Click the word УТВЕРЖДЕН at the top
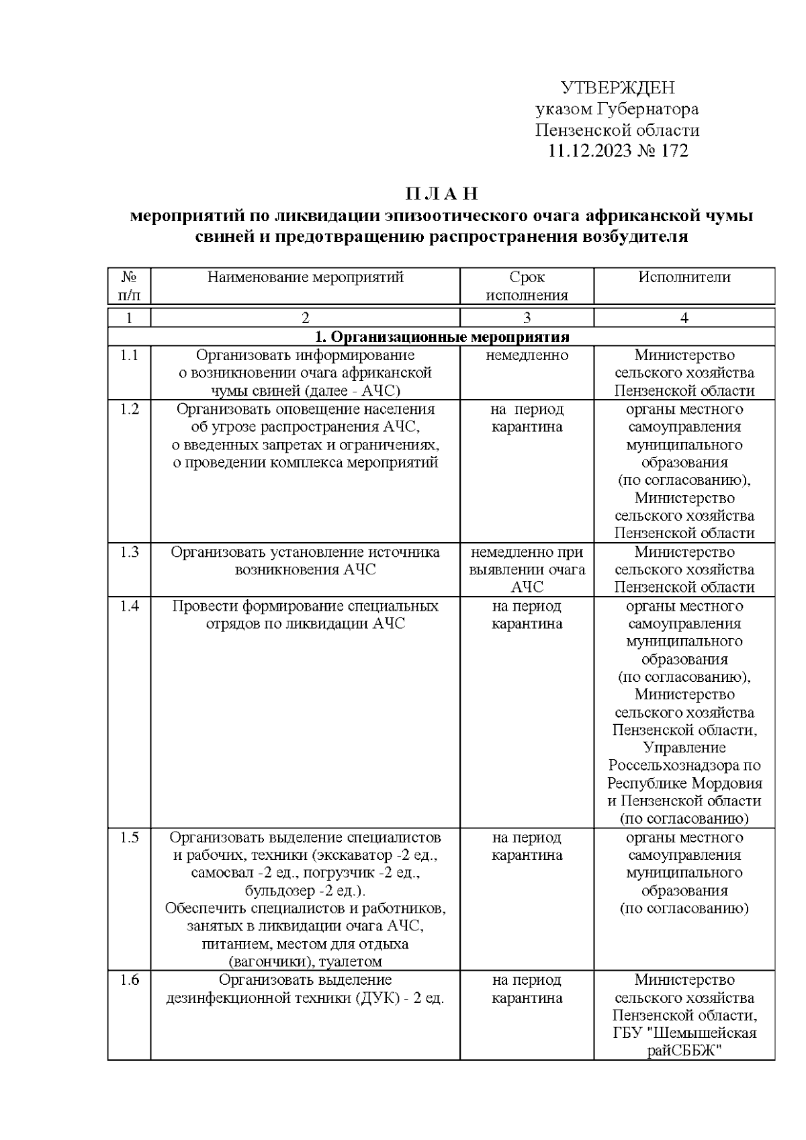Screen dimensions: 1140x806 [617, 88]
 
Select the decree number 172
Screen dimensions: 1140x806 [673, 150]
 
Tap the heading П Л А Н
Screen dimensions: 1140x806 [441, 194]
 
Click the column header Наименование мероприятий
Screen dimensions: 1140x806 [305, 277]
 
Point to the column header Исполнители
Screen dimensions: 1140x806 [684, 277]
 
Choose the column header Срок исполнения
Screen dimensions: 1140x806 [527, 286]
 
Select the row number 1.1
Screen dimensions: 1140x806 [129, 355]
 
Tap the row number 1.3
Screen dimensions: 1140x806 [129, 552]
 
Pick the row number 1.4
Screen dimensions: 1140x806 [129, 606]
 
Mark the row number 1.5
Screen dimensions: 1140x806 [129, 838]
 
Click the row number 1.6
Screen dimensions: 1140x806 [129, 980]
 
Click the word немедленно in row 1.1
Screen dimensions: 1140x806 [527, 355]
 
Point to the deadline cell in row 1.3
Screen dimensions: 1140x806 [527, 570]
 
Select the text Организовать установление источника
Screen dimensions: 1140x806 [305, 552]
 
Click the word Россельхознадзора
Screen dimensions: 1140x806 [674, 766]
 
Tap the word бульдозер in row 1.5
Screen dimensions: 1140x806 [276, 891]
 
